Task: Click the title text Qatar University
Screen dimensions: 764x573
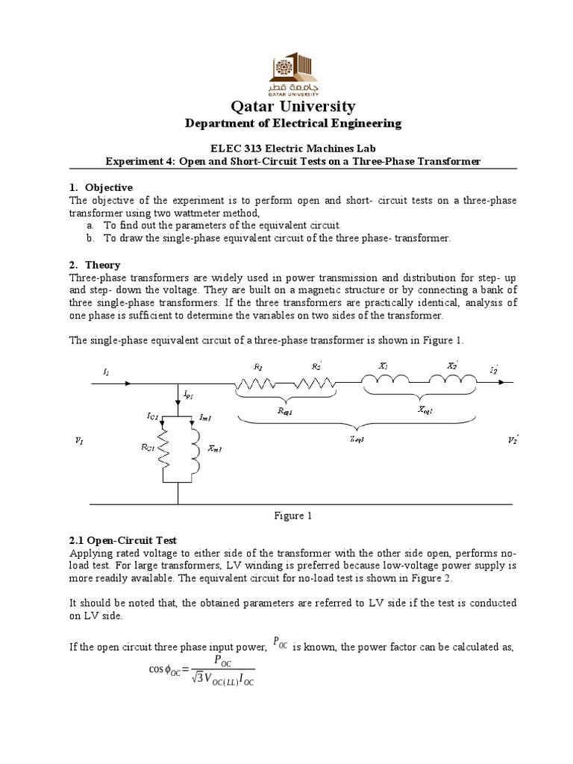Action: click(286, 105)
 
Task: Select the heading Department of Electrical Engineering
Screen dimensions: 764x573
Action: click(286, 123)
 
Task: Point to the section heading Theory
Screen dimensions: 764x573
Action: click(102, 265)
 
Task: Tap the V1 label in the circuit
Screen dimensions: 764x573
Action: click(80, 442)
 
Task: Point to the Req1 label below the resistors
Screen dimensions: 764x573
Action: click(286, 411)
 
